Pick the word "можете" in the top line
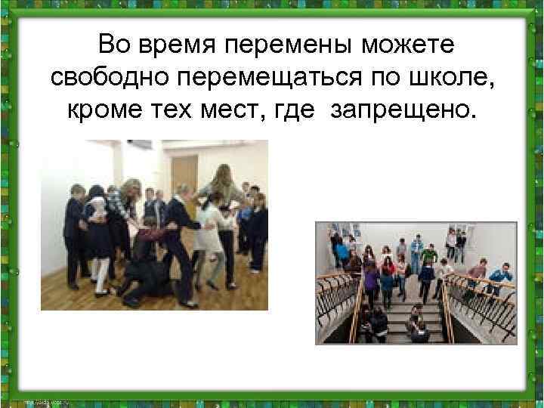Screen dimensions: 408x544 [407, 46]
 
